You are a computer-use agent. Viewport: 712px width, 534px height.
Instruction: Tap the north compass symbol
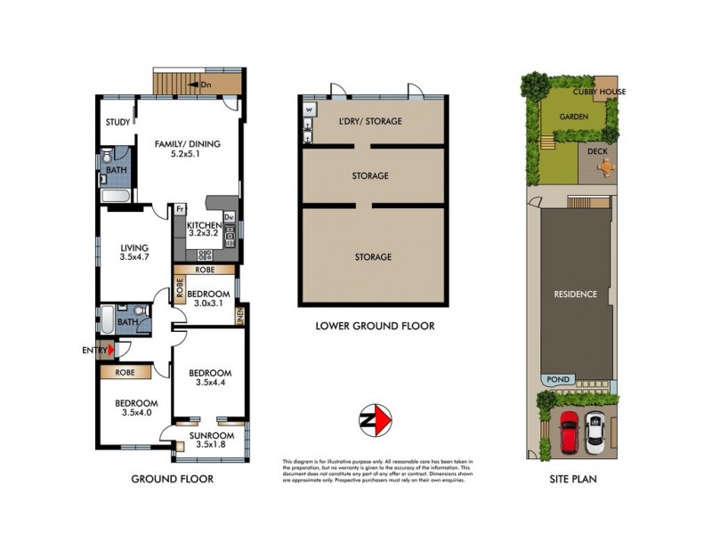coord(378,418)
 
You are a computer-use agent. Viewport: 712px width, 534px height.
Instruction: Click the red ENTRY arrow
coord(110,350)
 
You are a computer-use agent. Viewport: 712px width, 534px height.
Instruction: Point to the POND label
coord(559,379)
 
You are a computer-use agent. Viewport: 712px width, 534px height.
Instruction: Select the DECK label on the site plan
coord(597,151)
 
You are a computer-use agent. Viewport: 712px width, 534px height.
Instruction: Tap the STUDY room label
coord(117,122)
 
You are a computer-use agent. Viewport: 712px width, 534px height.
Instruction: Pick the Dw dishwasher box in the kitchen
coord(229,216)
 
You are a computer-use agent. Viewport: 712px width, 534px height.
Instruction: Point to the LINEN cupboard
coord(240,315)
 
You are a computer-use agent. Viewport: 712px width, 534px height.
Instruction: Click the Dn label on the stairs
coord(206,85)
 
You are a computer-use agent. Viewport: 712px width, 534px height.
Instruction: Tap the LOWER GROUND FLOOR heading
coord(375,327)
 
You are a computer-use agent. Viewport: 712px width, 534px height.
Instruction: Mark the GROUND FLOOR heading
coord(172,479)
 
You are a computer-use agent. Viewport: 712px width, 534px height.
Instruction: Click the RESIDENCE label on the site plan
coord(575,294)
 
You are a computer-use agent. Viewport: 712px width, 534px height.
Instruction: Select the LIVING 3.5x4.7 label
coord(135,254)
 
